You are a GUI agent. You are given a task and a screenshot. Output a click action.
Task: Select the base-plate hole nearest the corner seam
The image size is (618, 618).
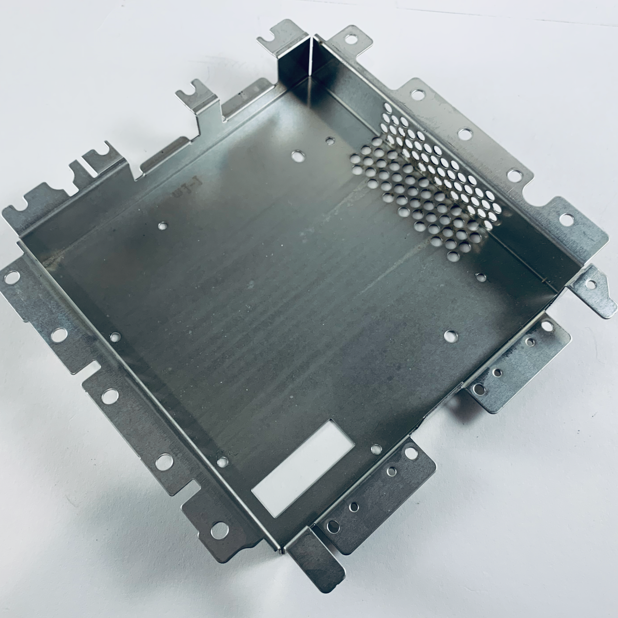330,141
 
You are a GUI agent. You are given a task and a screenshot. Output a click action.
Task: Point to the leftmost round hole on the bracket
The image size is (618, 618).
12,277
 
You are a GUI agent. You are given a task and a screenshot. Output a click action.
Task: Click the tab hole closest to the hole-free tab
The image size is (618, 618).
333,526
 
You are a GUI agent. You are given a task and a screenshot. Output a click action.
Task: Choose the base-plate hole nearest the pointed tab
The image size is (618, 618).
481,277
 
